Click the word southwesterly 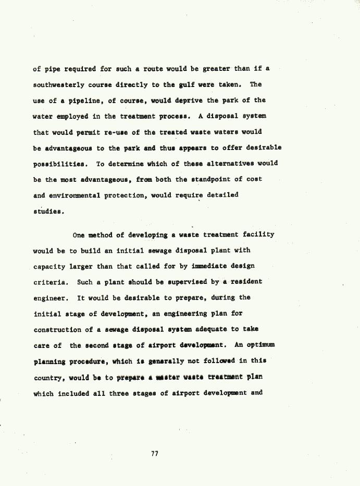tap(58, 84)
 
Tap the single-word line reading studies tap(48, 211)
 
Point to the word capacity tap(49, 266)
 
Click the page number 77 tap(155, 454)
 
